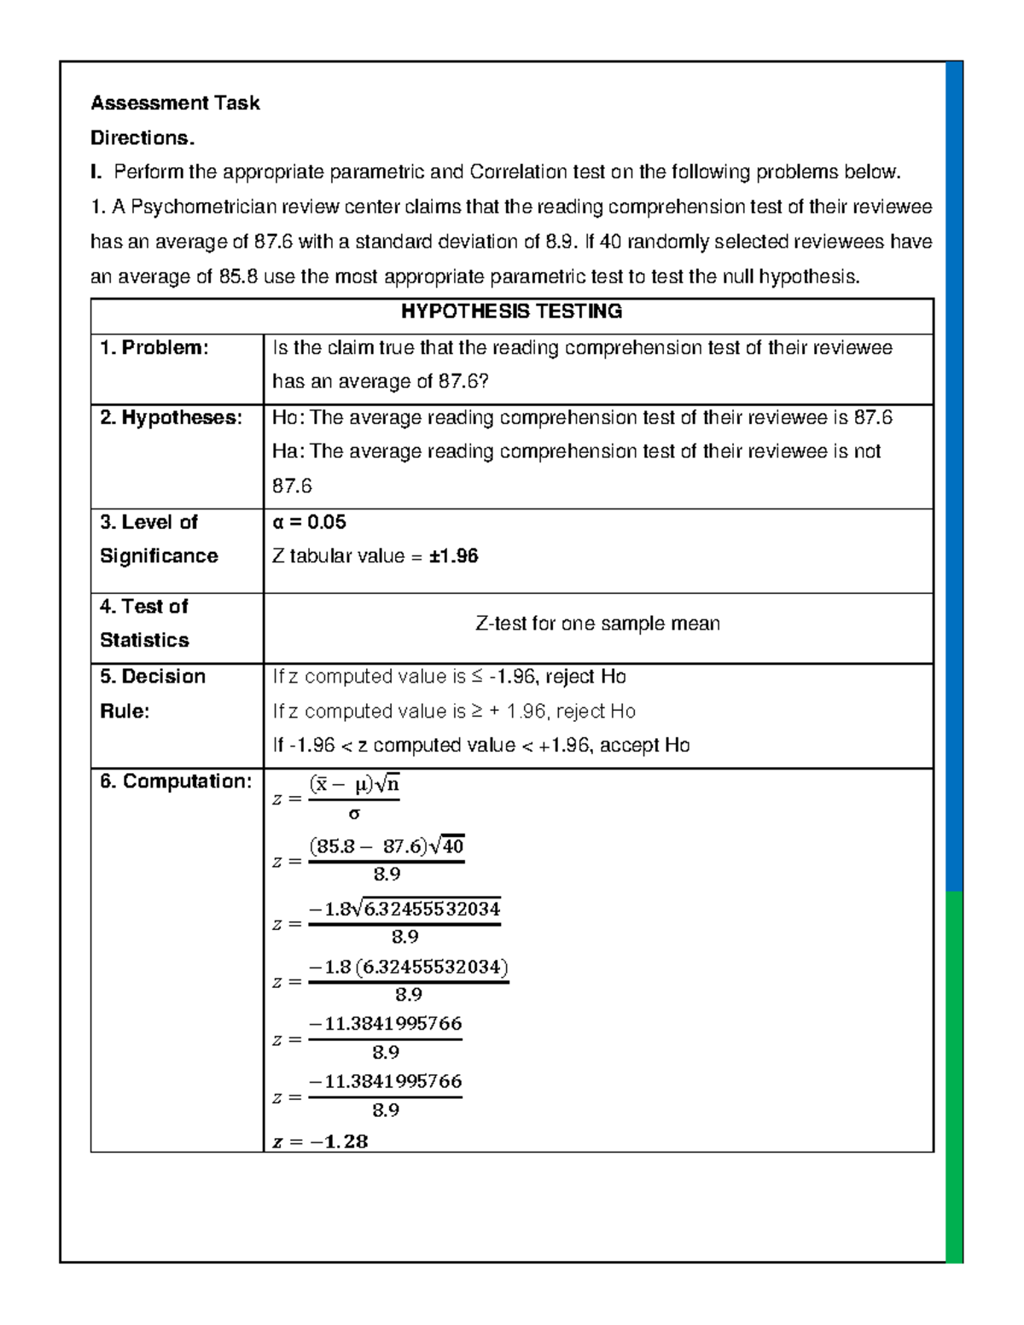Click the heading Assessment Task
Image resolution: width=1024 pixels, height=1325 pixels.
[175, 103]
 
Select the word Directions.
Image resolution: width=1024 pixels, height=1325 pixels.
[143, 138]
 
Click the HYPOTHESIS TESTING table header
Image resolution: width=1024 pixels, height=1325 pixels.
[512, 311]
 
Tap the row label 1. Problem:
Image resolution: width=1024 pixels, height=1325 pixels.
[154, 348]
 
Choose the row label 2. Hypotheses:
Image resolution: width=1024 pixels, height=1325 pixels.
[171, 418]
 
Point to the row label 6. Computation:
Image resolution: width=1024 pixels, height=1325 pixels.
[175, 782]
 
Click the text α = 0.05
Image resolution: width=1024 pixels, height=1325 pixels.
[309, 522]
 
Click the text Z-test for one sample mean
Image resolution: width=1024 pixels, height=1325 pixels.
[597, 624]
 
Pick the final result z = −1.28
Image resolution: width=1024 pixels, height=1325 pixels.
[320, 1141]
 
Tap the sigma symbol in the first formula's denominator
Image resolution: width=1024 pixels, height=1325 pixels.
[354, 814]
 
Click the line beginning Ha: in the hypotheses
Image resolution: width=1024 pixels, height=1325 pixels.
[576, 452]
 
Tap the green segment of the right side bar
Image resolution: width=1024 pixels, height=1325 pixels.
[954, 1075]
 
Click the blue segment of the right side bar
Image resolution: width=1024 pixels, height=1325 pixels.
[954, 469]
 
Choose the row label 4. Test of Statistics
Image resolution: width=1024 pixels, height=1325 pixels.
[144, 624]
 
